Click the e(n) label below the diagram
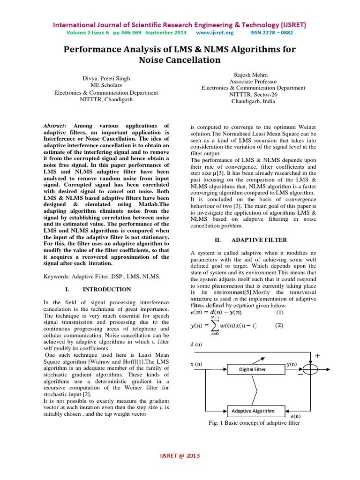click(296, 416)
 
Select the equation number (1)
click(280, 312)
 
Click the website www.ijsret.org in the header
click(215, 33)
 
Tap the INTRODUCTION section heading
click(107, 289)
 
